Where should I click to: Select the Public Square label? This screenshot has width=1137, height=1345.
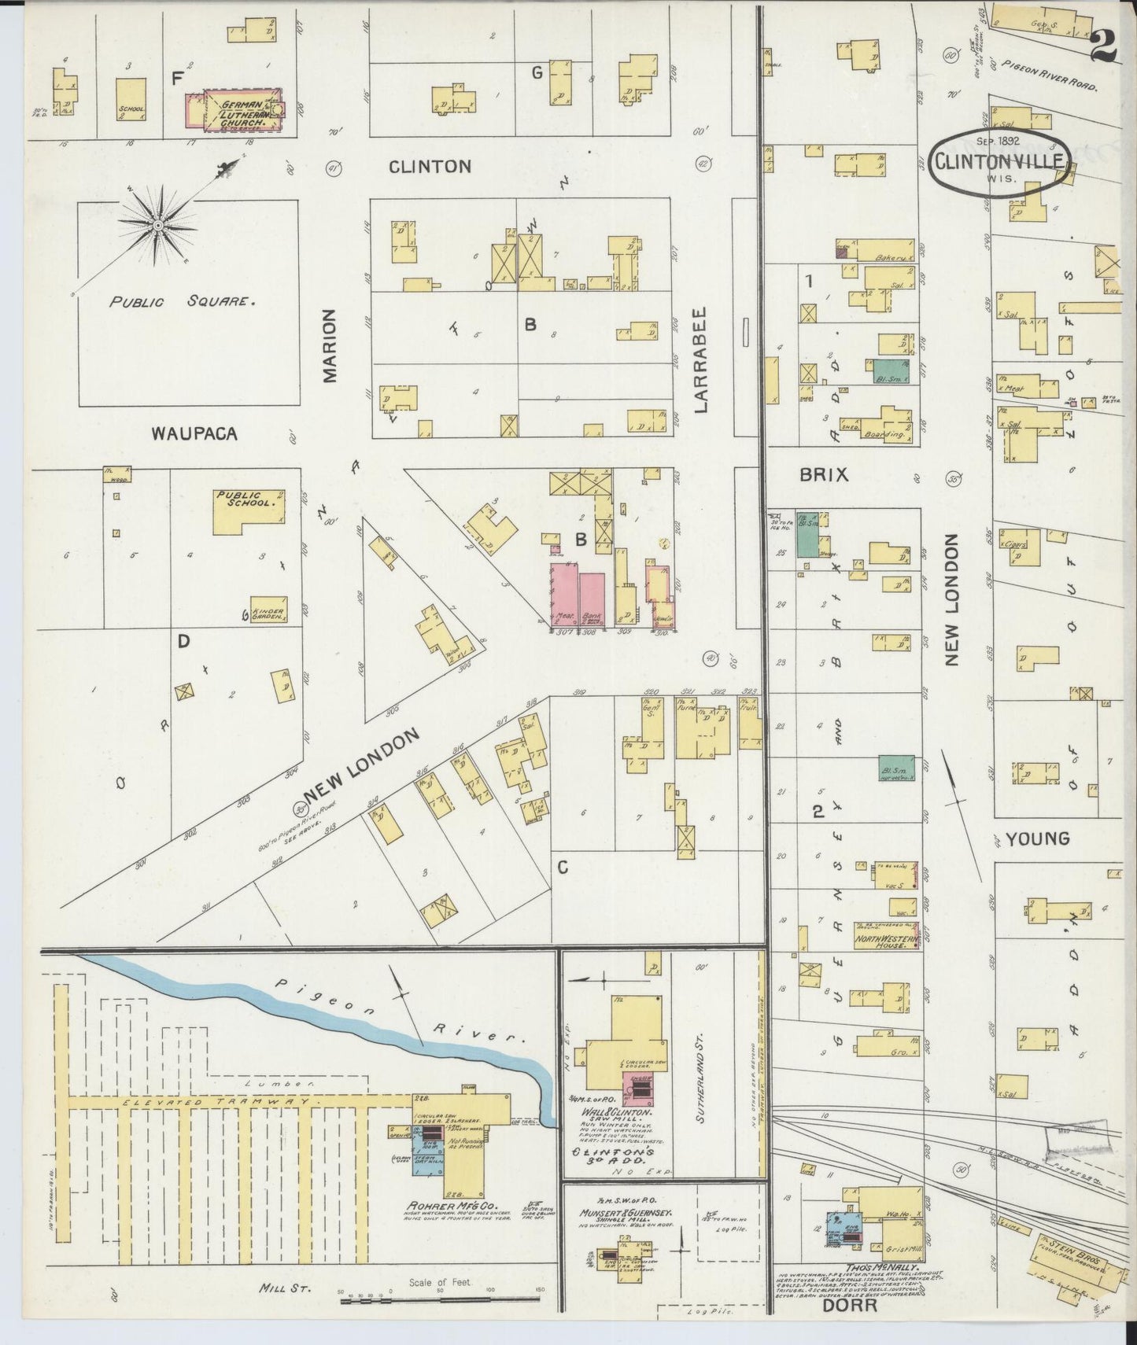183,301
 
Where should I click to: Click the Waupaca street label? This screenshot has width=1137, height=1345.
194,433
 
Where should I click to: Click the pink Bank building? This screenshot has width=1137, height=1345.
592,598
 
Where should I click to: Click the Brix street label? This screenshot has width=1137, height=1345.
823,474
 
